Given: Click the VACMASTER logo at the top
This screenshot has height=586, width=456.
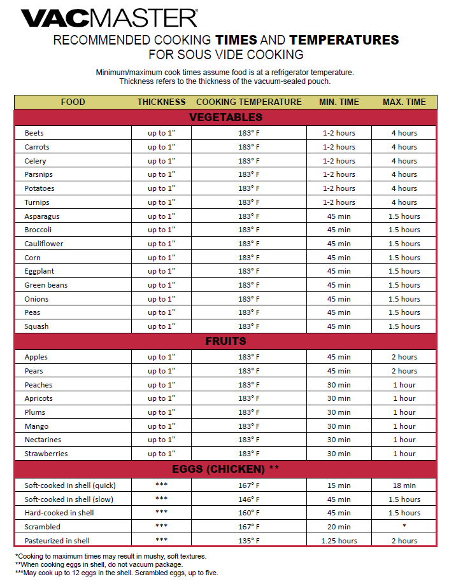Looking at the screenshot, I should point(109,18).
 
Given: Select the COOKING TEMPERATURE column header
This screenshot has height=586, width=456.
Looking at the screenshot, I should point(248,102).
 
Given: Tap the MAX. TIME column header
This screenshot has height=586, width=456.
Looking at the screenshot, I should point(404,102).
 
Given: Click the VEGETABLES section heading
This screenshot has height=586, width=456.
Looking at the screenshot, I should point(225,117).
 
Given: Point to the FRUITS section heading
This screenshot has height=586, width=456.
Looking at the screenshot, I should point(225,341).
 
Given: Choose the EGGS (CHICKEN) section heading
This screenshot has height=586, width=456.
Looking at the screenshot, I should point(225,470).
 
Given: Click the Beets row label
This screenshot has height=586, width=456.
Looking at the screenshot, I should point(34,133).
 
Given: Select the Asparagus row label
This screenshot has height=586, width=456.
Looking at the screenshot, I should point(42,216).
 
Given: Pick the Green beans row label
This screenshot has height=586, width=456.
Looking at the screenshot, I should point(45,285).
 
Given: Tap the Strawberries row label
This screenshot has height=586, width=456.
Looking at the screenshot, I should point(46,454).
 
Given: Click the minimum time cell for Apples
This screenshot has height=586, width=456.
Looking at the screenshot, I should point(339,357).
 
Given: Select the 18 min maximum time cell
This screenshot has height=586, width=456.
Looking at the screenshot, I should point(404,485).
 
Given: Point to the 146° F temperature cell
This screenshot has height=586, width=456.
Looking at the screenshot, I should point(248,499).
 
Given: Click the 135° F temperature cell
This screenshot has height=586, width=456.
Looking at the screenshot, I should point(248,541).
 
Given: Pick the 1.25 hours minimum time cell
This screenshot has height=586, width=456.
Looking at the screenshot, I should point(339,541).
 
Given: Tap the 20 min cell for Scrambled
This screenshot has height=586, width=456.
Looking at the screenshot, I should point(339,527).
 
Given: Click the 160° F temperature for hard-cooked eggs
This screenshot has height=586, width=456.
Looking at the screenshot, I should point(248,513).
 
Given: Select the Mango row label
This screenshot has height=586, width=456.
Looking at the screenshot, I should point(36,426).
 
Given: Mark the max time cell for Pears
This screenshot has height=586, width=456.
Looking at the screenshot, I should point(404,371).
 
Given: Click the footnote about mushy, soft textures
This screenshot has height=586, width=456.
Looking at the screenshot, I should point(111,556).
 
